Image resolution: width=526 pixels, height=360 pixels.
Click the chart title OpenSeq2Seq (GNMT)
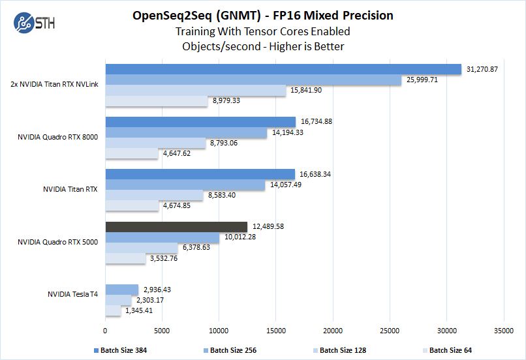tap(215, 15)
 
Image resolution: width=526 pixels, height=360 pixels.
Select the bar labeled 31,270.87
tap(283, 70)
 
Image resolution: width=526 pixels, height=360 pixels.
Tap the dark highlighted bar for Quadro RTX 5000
tap(176, 226)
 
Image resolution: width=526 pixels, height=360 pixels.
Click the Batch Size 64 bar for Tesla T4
tap(113, 310)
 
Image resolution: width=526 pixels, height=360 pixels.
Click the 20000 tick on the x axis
tap(333, 331)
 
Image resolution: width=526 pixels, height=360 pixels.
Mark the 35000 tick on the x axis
tap(504, 331)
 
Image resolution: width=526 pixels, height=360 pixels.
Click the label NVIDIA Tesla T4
tap(73, 295)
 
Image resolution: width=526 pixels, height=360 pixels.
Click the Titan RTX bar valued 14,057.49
tap(185, 185)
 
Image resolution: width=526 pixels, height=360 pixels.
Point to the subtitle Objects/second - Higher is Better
tap(263, 46)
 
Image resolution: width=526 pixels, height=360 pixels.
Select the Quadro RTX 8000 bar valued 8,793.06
tap(155, 143)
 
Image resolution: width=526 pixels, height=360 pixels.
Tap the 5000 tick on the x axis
tap(162, 331)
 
